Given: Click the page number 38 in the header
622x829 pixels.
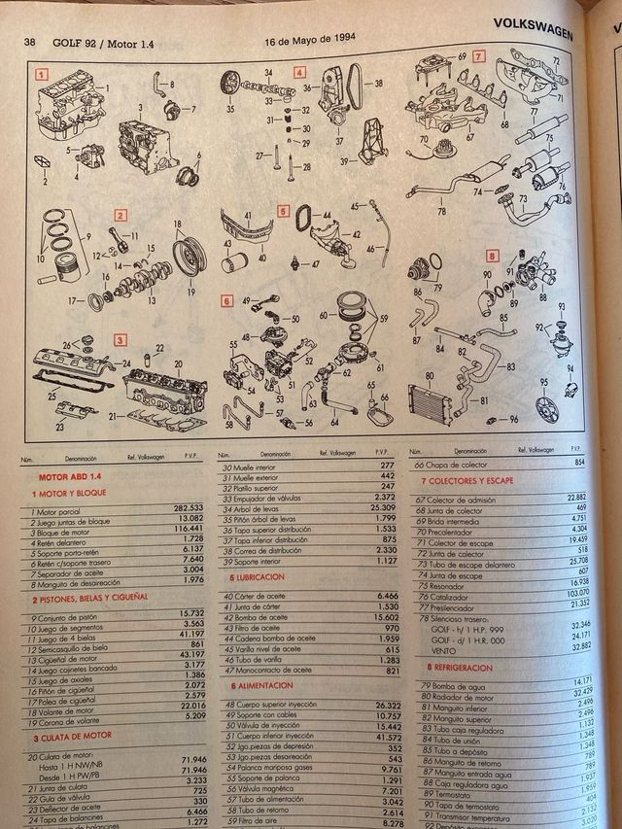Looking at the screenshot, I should (x=29, y=42).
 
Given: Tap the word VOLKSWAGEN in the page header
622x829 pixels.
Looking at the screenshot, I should (x=533, y=22).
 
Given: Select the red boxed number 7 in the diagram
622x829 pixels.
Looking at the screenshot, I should (x=478, y=55).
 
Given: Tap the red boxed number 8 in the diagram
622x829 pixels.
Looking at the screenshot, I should (x=492, y=257).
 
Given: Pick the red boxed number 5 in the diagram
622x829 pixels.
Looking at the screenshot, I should (x=283, y=210).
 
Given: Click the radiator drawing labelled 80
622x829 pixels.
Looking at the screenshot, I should (x=433, y=400).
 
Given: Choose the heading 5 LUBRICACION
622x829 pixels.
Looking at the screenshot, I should (x=258, y=577).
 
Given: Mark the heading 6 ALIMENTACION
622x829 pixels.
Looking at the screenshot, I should (x=261, y=685).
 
